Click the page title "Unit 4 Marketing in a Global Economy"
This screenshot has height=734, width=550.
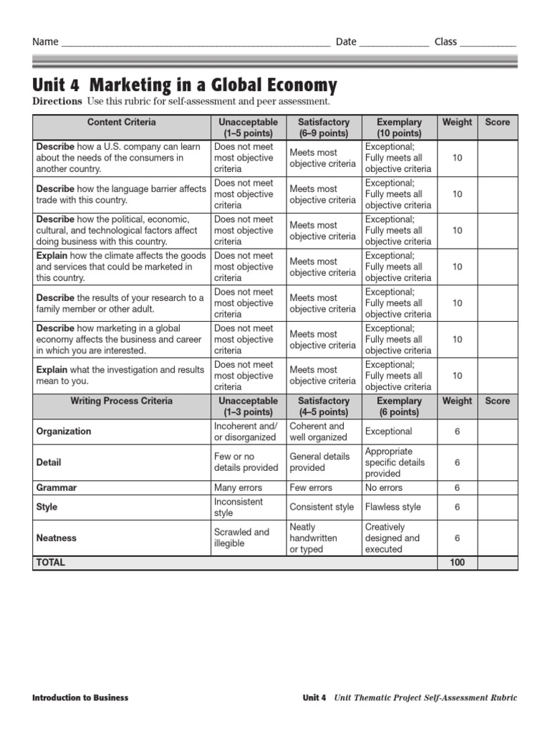(x=185, y=85)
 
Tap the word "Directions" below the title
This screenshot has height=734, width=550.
(x=57, y=102)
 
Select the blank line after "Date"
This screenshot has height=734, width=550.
(x=394, y=42)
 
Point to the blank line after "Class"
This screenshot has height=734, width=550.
(x=487, y=42)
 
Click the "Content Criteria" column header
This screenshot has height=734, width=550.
(x=121, y=123)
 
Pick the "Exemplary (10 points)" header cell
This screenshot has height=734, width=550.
(x=399, y=128)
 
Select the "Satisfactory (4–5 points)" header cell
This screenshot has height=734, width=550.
(x=323, y=406)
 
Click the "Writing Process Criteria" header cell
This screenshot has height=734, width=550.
(x=121, y=401)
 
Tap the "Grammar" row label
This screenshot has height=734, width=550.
(x=57, y=487)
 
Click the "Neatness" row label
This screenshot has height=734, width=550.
(x=57, y=538)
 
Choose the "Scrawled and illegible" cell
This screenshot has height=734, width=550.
(x=241, y=538)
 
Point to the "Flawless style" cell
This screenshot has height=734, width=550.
(x=392, y=507)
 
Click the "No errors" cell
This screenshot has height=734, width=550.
(x=384, y=487)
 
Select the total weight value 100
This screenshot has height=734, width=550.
(x=457, y=563)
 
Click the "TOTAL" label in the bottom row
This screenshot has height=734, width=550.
(x=51, y=563)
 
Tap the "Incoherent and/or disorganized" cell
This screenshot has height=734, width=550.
(x=245, y=432)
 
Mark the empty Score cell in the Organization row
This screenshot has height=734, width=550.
(x=497, y=432)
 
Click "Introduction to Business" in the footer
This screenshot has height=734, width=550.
(x=80, y=697)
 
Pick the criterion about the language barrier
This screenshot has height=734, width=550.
(x=121, y=194)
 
